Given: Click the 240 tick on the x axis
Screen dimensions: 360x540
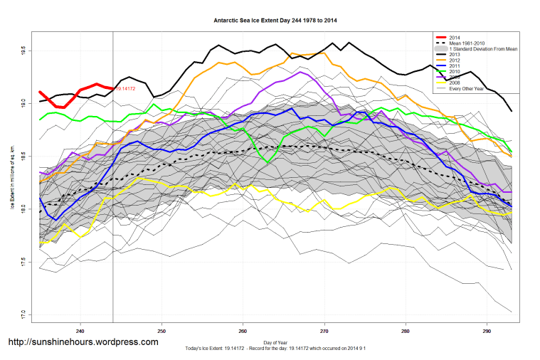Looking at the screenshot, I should (80, 330).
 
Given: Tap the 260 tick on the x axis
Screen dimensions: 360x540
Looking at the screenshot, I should (243, 330).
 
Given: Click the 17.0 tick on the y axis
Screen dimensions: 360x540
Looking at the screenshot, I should (23, 314).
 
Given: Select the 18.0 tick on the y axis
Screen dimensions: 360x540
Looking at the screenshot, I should (23, 209).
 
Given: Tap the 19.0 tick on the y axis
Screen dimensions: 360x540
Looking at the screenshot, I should (23, 104).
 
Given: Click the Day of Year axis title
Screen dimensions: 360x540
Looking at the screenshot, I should (275, 342).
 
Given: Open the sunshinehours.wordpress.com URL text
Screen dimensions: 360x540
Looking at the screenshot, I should (83, 342).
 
